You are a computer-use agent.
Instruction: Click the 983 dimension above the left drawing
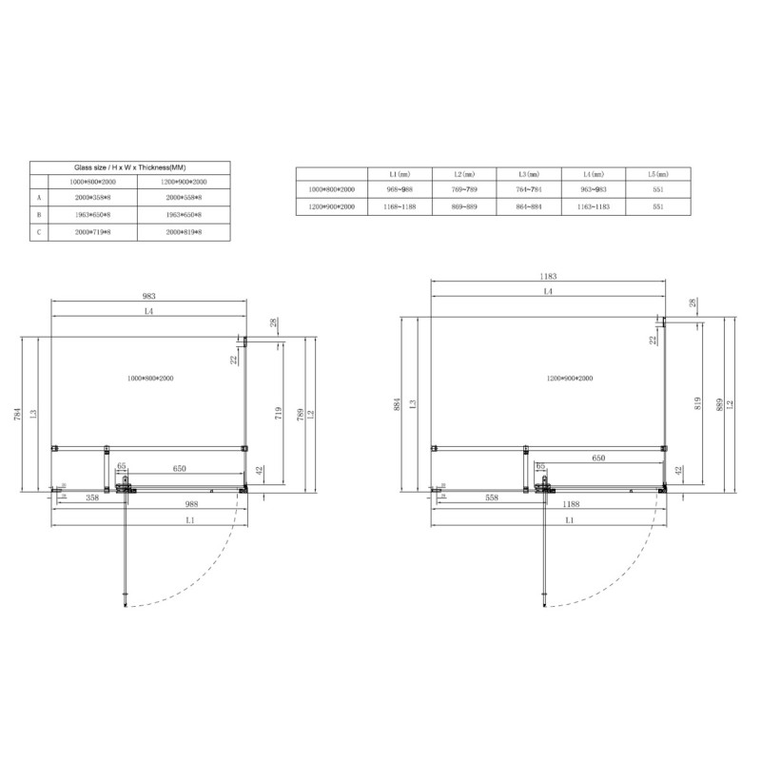pos(148,296)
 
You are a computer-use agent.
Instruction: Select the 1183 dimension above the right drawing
pos(546,276)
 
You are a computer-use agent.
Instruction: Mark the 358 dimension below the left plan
pos(93,498)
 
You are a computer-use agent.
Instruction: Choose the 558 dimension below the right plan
pos(492,498)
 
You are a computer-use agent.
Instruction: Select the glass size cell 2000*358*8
pos(89,197)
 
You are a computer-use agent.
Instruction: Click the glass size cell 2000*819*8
pos(185,231)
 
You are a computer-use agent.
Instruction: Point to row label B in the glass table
pos(39,214)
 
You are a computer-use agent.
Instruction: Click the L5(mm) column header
pos(657,174)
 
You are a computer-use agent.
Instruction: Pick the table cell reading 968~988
pos(400,190)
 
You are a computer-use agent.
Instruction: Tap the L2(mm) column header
pos(464,174)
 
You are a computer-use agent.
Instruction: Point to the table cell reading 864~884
pos(529,206)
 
